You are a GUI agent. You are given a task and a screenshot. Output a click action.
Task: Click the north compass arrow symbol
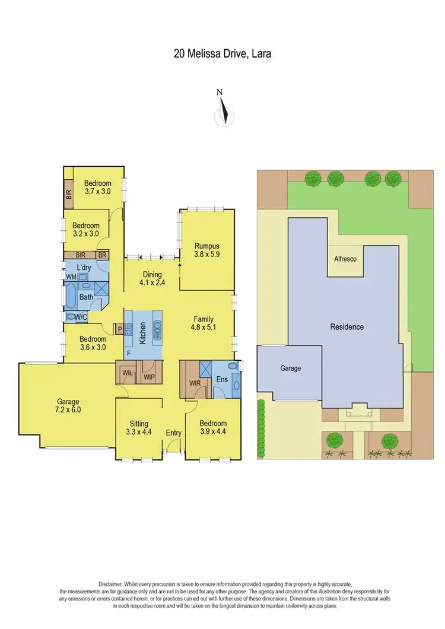[223, 110]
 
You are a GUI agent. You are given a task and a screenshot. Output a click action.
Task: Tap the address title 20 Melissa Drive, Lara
[223, 54]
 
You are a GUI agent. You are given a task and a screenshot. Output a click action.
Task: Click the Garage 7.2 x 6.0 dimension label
[68, 405]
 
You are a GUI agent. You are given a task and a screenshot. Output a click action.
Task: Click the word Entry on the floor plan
[173, 433]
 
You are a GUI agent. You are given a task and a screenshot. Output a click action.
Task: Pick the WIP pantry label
[149, 376]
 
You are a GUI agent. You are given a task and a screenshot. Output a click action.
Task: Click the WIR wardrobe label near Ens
[195, 383]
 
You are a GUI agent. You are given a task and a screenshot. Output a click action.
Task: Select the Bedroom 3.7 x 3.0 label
[97, 187]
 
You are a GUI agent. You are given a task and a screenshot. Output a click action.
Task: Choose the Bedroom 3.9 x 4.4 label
[213, 427]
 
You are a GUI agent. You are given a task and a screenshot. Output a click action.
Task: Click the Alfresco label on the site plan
[345, 259]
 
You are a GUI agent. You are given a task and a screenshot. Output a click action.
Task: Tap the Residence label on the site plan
[347, 327]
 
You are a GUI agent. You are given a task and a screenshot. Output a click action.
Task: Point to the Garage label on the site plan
[290, 368]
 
